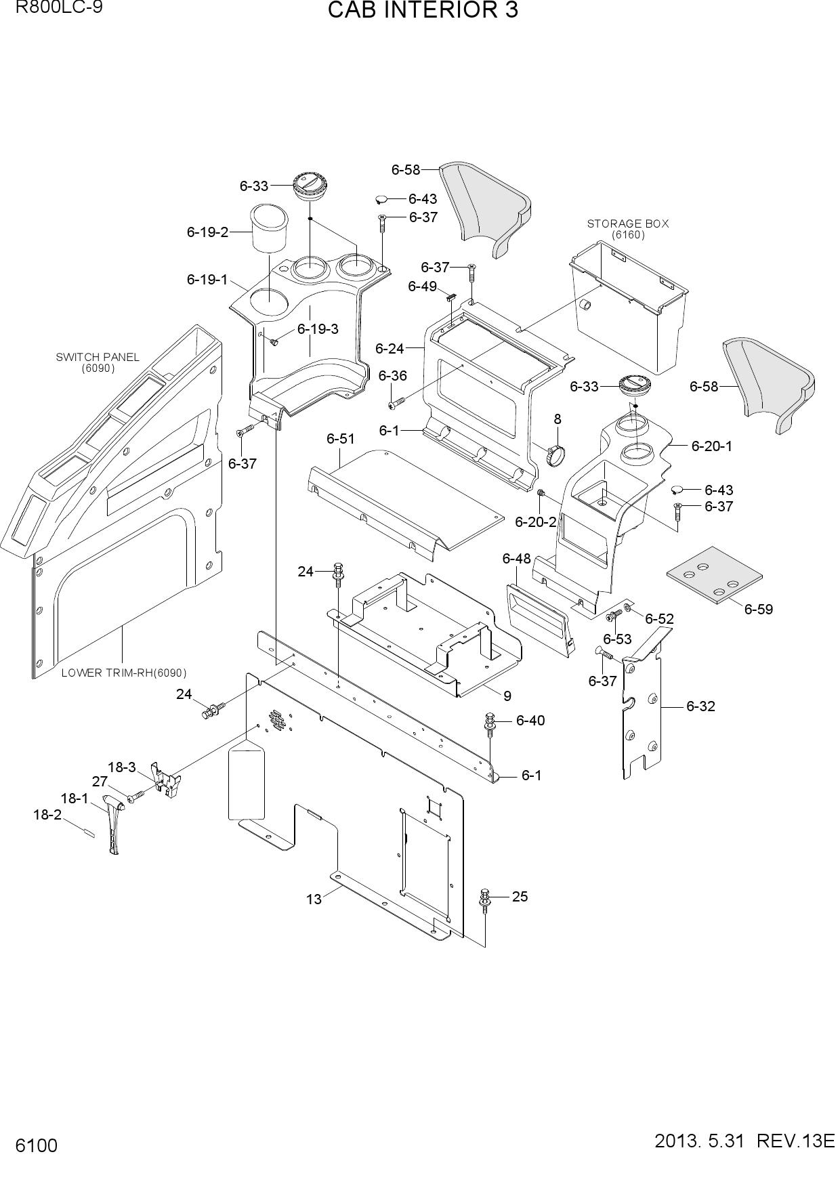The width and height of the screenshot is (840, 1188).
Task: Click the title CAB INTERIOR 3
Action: pyautogui.click(x=423, y=10)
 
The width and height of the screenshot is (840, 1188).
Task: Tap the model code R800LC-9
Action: pyautogui.click(x=54, y=7)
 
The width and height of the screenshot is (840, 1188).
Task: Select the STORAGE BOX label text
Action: pyautogui.click(x=627, y=224)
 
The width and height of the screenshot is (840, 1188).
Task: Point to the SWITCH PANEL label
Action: pyautogui.click(x=98, y=357)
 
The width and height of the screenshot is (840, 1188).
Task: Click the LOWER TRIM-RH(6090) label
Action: pyautogui.click(x=124, y=673)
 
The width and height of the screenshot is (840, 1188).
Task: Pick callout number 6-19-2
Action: pyautogui.click(x=207, y=232)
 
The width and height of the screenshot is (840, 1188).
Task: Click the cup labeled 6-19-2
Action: pyautogui.click(x=270, y=228)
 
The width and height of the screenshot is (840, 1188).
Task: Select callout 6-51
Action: pyautogui.click(x=341, y=439)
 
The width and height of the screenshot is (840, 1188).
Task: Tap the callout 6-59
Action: pyautogui.click(x=759, y=609)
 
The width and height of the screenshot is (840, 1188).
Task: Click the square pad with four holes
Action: pyautogui.click(x=714, y=574)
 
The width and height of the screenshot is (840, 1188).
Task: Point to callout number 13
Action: pyautogui.click(x=314, y=899)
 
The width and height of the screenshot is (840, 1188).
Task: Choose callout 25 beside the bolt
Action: pyautogui.click(x=520, y=896)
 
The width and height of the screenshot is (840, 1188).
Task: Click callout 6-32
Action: pyautogui.click(x=700, y=706)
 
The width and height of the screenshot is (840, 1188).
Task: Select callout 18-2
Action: pyautogui.click(x=47, y=815)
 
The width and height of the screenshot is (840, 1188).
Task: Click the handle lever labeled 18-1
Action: pyautogui.click(x=113, y=825)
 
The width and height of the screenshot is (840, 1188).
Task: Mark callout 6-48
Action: pyautogui.click(x=516, y=558)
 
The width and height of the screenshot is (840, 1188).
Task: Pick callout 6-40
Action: pyautogui.click(x=530, y=720)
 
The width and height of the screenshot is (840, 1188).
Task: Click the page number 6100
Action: pyautogui.click(x=37, y=1146)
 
